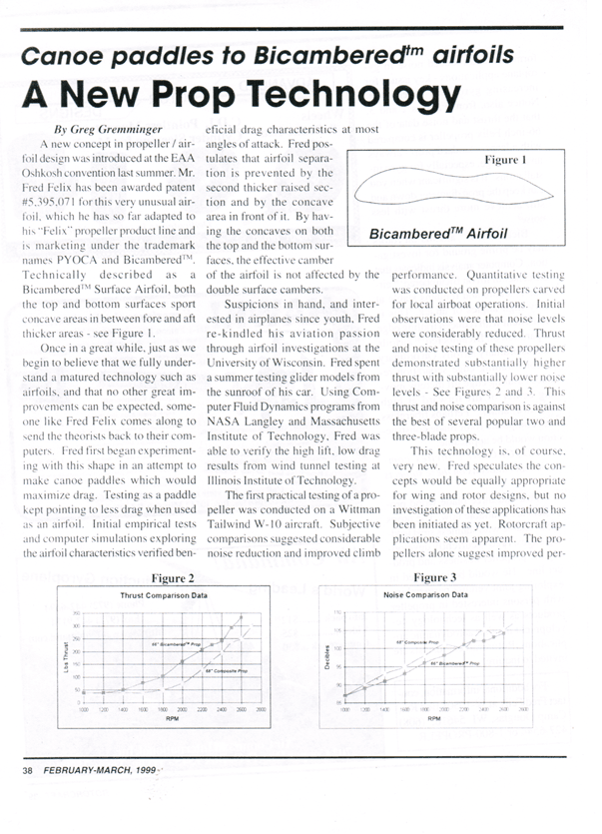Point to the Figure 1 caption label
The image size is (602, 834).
pyautogui.click(x=505, y=160)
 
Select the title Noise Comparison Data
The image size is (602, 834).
pyautogui.click(x=425, y=594)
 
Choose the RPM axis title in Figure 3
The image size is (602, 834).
pyautogui.click(x=435, y=717)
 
